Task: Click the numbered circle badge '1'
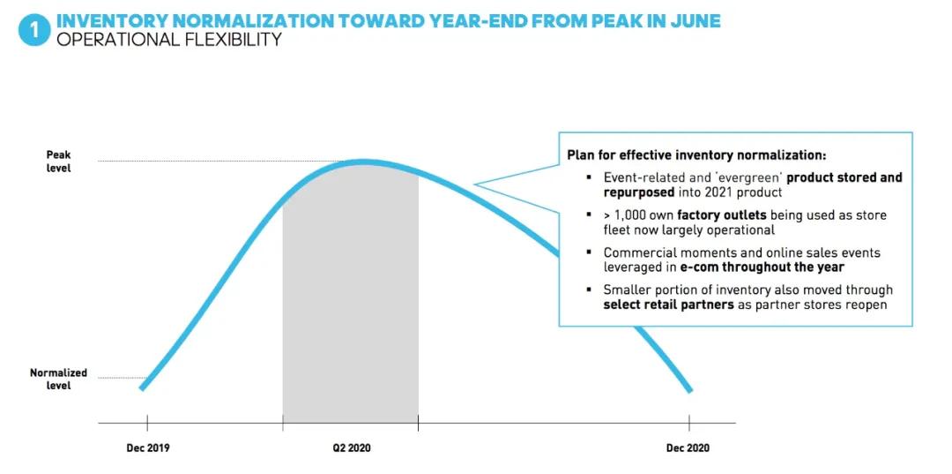click(x=33, y=29)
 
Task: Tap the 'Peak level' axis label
click(x=58, y=161)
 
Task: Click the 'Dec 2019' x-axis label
click(x=147, y=448)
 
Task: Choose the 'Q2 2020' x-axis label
click(x=351, y=448)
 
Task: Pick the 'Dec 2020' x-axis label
click(x=688, y=448)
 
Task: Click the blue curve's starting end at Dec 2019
click(x=142, y=387)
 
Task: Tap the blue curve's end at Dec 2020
click(x=690, y=390)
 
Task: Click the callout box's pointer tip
click(x=475, y=185)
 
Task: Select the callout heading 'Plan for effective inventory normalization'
click(x=696, y=155)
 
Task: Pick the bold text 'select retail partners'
click(x=668, y=305)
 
